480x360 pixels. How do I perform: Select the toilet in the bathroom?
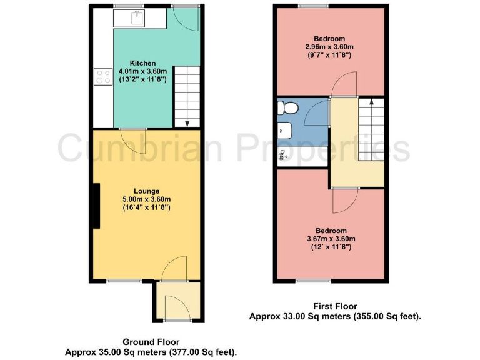pyautogui.click(x=289, y=108)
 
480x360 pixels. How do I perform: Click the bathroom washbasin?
pyautogui.click(x=284, y=130)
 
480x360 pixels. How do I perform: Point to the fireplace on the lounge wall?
pyautogui.click(x=96, y=206)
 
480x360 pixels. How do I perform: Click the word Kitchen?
pyautogui.click(x=142, y=63)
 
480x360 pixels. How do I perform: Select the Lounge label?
pyautogui.click(x=146, y=191)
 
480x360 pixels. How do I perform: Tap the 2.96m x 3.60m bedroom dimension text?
pyautogui.click(x=329, y=47)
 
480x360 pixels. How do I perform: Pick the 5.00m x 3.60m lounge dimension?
pyautogui.click(x=146, y=199)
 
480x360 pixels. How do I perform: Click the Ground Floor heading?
pyautogui.click(x=151, y=342)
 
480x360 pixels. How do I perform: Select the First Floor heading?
pyautogui.click(x=335, y=306)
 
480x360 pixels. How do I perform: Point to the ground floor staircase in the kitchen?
pyautogui.click(x=186, y=96)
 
